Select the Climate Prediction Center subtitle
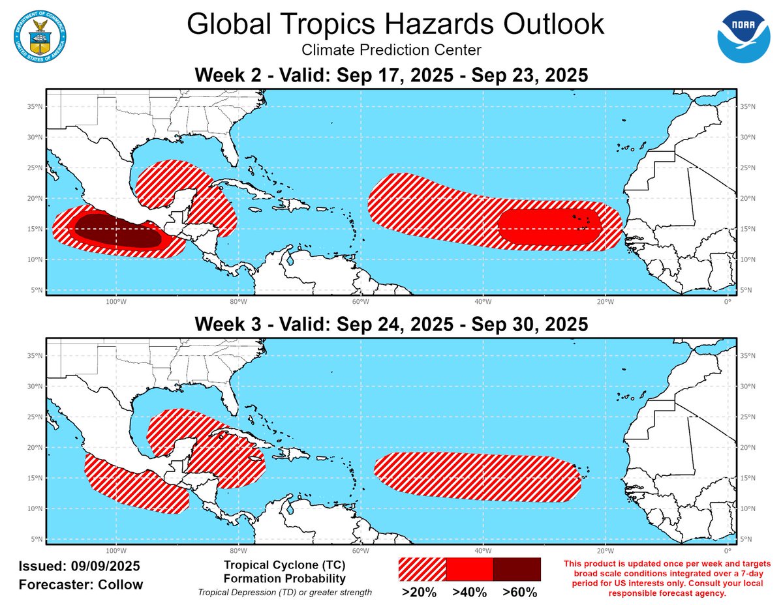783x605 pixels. (x=391, y=50)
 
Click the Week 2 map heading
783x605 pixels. (x=391, y=76)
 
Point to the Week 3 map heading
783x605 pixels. (x=391, y=324)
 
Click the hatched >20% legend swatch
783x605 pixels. (x=422, y=569)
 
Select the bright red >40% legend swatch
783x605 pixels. (x=469, y=569)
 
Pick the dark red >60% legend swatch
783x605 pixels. (x=517, y=569)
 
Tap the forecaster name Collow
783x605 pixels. (x=120, y=584)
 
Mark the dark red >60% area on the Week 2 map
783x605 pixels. (x=114, y=231)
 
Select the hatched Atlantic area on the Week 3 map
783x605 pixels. (x=476, y=477)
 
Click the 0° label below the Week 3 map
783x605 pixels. (x=727, y=551)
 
